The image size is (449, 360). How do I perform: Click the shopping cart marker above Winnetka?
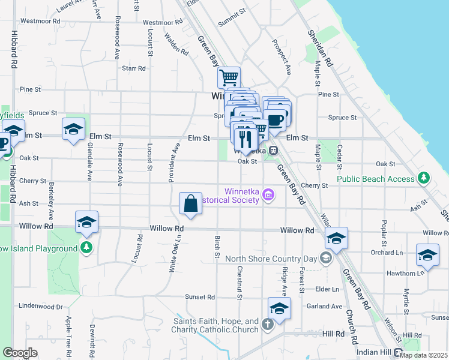coord(229,78)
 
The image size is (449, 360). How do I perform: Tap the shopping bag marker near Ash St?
coord(190,203)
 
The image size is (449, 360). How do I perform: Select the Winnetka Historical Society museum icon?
coord(268,195)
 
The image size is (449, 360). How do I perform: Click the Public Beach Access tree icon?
coord(424,178)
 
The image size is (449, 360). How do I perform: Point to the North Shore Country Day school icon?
coord(326,259)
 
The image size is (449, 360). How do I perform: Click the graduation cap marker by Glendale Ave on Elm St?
coord(74,129)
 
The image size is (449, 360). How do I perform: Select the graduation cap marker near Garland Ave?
coord(279,308)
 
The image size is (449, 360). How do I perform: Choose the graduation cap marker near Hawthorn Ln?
coord(427,254)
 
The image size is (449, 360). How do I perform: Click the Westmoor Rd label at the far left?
coord(40,20)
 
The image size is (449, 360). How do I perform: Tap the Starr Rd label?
coord(133,68)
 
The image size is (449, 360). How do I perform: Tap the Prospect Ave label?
coord(281,57)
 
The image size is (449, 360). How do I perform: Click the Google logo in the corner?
coord(20,353)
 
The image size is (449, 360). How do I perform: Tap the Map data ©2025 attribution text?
coord(423,355)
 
